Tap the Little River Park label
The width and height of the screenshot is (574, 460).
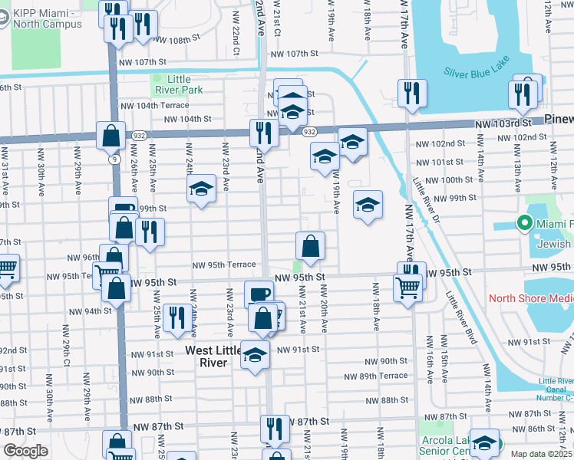click(179, 84)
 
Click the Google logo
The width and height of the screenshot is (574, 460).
click(25, 451)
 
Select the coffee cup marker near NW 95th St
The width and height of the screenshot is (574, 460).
click(259, 294)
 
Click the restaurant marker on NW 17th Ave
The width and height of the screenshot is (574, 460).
click(412, 94)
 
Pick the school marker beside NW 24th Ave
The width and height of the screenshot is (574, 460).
click(201, 189)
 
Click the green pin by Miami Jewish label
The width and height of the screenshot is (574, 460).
click(525, 223)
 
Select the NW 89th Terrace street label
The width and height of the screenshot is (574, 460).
click(375, 376)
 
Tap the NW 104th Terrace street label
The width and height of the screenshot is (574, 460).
click(153, 105)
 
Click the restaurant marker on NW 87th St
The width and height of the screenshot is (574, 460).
click(274, 429)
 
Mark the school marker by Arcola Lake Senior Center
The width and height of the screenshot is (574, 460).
click(484, 442)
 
